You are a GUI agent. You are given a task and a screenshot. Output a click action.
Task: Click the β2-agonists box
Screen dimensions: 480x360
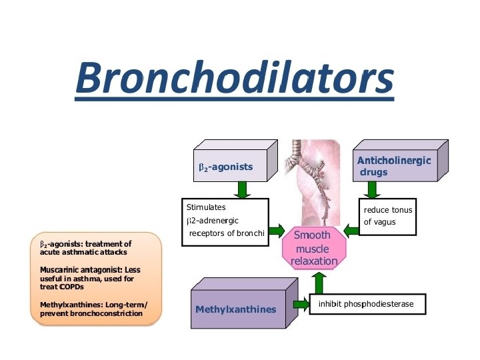coord(226,167)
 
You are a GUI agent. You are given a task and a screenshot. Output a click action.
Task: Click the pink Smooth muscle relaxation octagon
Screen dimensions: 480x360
coord(313,247)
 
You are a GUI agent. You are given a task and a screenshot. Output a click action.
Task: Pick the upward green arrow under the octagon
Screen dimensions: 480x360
coord(318,282)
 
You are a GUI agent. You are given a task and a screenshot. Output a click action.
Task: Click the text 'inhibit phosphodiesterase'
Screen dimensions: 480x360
coord(366,304)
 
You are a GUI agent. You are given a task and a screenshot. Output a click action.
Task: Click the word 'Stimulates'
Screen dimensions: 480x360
coord(206,207)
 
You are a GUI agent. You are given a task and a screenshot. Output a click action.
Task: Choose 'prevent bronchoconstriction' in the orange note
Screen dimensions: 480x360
coord(91,313)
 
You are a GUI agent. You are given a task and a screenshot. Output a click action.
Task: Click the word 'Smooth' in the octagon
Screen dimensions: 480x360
coord(312,235)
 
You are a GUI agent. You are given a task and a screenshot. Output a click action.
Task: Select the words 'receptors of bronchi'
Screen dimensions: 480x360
coord(227,233)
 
